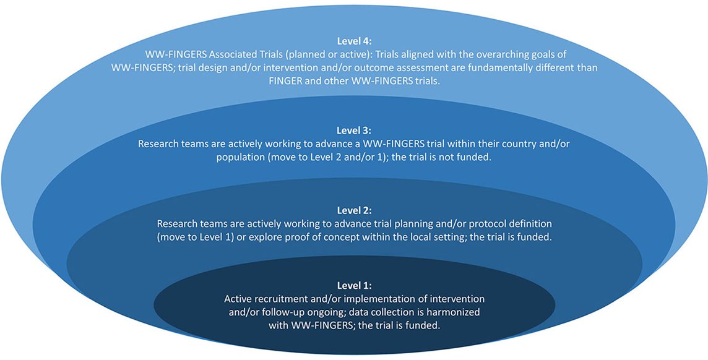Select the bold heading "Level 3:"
click(x=354, y=131)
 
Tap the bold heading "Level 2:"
click(x=354, y=211)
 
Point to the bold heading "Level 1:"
click(x=354, y=286)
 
